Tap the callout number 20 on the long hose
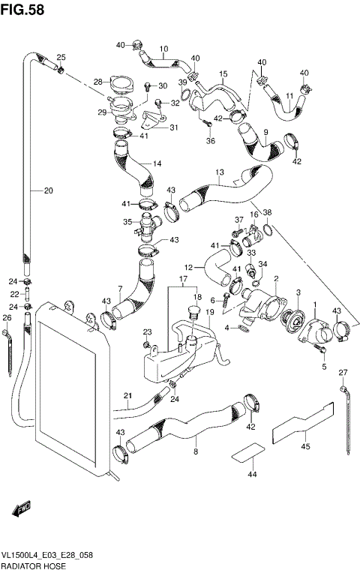tap(48, 190)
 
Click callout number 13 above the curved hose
tap(220, 172)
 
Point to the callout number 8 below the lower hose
tap(196, 452)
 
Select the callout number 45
tap(305, 447)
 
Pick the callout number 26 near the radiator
tap(7, 317)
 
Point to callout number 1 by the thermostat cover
tap(315, 304)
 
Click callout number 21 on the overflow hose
tap(127, 396)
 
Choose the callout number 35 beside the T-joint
tap(127, 221)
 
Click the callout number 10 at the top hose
tap(163, 48)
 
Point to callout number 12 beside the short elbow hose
tap(190, 266)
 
